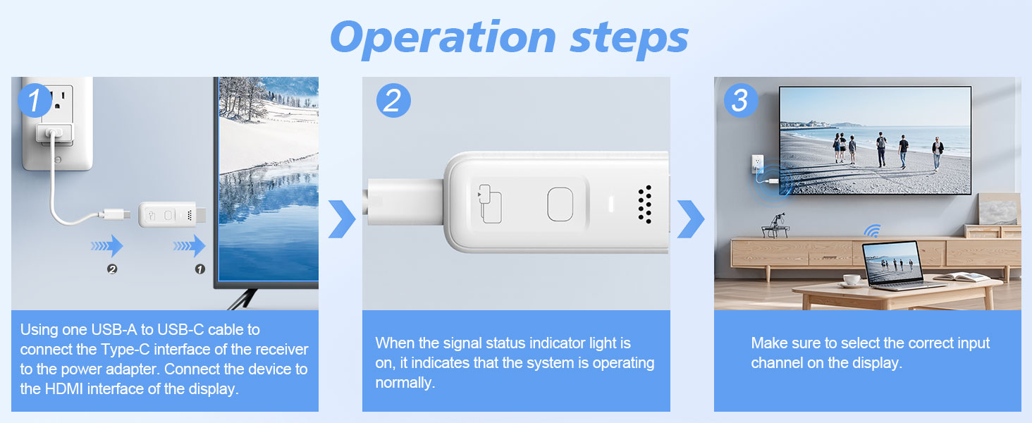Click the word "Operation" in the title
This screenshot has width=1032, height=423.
pyautogui.click(x=443, y=39)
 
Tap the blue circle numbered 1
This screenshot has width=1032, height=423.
pyautogui.click(x=35, y=100)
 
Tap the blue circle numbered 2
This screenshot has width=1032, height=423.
pyautogui.click(x=393, y=100)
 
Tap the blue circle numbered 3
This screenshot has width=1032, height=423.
pyautogui.click(x=740, y=100)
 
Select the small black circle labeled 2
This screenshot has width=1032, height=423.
pyautogui.click(x=112, y=269)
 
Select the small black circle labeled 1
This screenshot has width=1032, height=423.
pyautogui.click(x=200, y=269)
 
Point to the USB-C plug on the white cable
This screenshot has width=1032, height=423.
pyautogui.click(x=114, y=214)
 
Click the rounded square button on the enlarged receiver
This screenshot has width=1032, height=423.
pyautogui.click(x=560, y=204)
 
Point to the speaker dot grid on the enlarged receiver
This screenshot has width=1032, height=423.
pyautogui.click(x=645, y=204)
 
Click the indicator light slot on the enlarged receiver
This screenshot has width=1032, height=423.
pyautogui.click(x=611, y=204)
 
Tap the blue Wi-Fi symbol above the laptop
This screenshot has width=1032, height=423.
pyautogui.click(x=872, y=231)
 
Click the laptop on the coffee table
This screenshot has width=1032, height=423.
pyautogui.click(x=896, y=266)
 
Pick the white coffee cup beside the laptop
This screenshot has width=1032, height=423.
pyautogui.click(x=852, y=280)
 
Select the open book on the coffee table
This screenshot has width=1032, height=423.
pyautogui.click(x=964, y=277)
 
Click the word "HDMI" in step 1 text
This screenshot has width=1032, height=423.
pyautogui.click(x=63, y=389)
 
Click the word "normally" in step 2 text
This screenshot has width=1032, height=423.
pyautogui.click(x=405, y=383)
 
